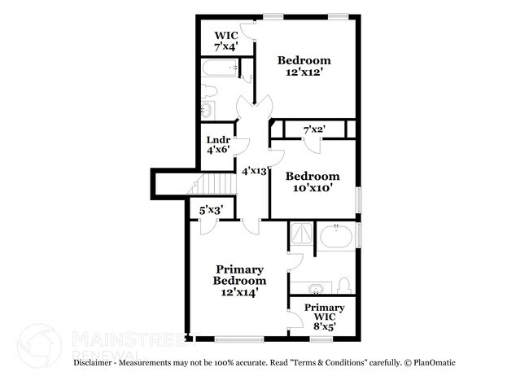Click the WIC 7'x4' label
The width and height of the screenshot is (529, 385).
point(225,42)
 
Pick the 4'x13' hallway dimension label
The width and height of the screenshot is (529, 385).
point(256,171)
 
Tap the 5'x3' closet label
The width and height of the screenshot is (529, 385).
point(213,210)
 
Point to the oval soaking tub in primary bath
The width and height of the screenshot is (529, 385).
point(335,238)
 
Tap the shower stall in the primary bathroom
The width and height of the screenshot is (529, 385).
point(302,233)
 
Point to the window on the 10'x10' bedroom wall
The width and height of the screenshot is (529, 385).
point(360,199)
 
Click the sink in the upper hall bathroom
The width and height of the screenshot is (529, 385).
point(207,109)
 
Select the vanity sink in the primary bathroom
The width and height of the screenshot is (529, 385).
point(316,287)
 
